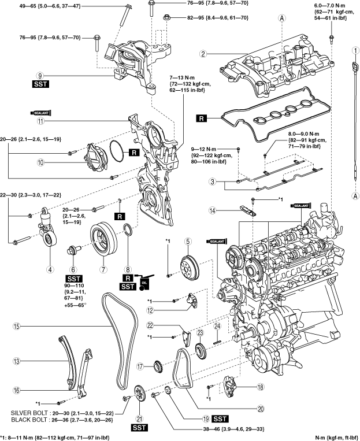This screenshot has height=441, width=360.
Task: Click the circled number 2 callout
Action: (x=203, y=54)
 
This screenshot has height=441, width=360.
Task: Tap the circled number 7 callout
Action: (x=103, y=269)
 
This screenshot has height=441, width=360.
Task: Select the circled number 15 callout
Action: (x=17, y=326)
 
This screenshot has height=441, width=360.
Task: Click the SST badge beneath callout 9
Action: (x=41, y=84)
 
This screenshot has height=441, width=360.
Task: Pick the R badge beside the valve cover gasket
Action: (x=201, y=118)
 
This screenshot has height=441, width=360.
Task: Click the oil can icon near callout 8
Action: (x=144, y=282)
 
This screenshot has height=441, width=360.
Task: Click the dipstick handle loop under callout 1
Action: (x=355, y=68)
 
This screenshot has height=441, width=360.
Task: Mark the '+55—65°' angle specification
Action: (x=75, y=305)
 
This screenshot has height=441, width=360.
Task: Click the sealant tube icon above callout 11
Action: (x=41, y=113)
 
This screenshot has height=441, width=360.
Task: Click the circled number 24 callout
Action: (x=217, y=326)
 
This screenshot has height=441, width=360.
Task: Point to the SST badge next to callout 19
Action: (x=220, y=419)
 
